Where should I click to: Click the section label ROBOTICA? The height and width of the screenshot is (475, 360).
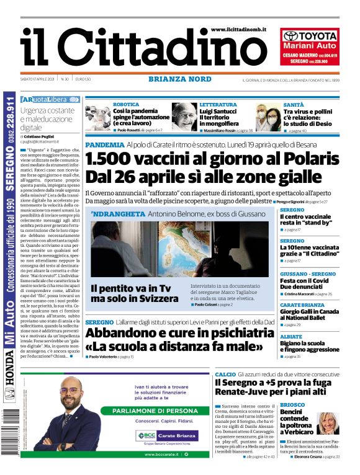pos(126,105)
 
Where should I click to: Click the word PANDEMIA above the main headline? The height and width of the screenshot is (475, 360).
pos(104,144)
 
